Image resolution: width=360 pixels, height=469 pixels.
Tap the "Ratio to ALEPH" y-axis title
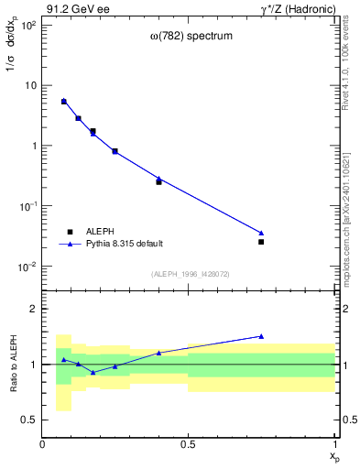(14, 364)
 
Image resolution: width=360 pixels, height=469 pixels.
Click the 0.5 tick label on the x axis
(188, 445)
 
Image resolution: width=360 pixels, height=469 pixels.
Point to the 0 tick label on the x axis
(42, 445)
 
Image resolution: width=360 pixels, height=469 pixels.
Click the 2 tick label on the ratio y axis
(32, 309)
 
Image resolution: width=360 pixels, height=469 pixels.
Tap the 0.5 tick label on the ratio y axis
(28, 420)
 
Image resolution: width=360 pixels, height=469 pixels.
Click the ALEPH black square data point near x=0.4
(158, 182)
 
